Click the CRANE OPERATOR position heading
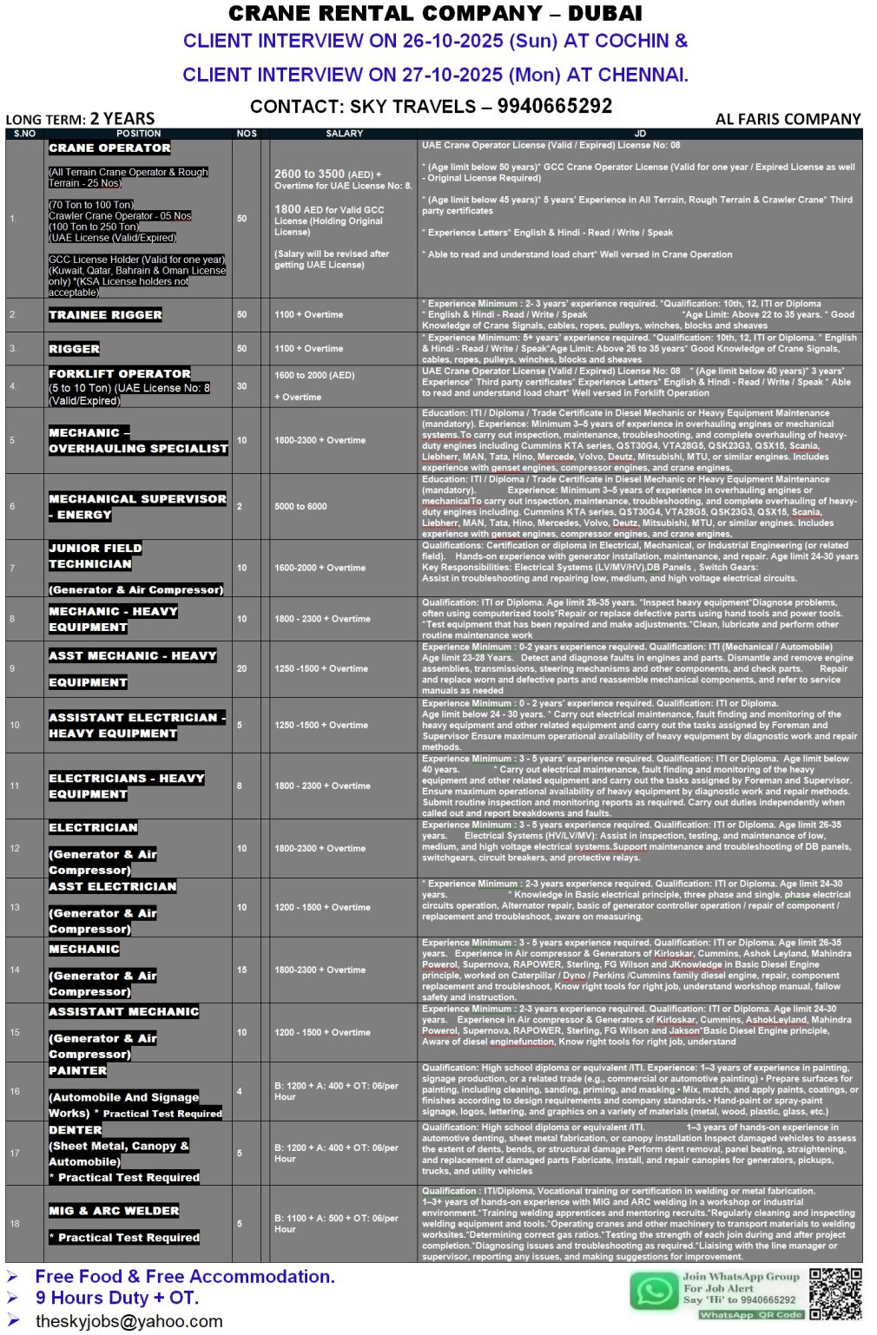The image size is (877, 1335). click(109, 148)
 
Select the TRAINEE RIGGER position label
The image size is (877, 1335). click(105, 315)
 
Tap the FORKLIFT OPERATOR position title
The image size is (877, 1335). click(120, 373)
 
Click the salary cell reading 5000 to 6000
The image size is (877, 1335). click(300, 506)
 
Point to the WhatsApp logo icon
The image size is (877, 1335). click(654, 1291)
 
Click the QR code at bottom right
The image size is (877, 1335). click(835, 1293)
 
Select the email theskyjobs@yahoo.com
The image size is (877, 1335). click(129, 1321)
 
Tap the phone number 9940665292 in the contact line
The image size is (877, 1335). click(555, 106)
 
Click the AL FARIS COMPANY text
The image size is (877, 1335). click(788, 119)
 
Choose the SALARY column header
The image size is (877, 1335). click(344, 134)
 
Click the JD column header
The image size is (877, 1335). click(640, 134)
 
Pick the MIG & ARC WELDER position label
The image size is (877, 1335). click(114, 1211)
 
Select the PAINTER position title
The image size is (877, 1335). click(77, 1071)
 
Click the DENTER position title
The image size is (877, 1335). click(76, 1130)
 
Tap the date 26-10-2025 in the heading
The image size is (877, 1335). click(451, 41)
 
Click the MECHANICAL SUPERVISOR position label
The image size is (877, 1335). click(137, 499)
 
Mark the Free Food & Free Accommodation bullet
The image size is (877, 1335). click(184, 1276)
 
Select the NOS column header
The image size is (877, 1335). click(247, 134)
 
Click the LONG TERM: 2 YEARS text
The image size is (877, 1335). click(80, 119)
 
